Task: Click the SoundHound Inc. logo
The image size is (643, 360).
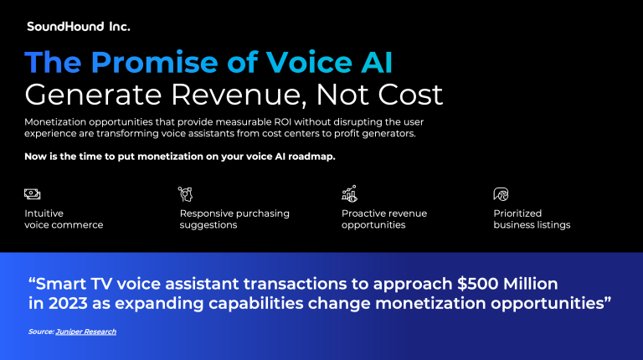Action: click(79, 27)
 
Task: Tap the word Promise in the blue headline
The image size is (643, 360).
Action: click(155, 62)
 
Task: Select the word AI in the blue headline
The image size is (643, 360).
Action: click(377, 62)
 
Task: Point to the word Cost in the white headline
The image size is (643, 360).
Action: click(410, 95)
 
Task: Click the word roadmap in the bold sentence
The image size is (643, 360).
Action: click(311, 157)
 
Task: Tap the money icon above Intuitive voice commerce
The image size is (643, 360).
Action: click(33, 194)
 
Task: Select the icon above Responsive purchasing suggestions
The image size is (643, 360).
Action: click(185, 194)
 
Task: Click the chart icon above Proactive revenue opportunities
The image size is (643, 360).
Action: click(349, 193)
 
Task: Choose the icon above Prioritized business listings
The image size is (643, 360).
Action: click(501, 194)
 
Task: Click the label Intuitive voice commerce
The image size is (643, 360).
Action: click(64, 219)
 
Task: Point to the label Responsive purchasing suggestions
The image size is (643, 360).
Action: click(234, 219)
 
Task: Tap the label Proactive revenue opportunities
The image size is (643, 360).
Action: click(384, 219)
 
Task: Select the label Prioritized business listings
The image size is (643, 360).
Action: click(532, 219)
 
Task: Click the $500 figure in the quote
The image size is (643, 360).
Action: click(478, 284)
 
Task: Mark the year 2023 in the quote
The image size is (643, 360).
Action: click(68, 303)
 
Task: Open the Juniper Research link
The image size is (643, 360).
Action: click(86, 332)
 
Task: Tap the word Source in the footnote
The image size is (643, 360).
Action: click(41, 332)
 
